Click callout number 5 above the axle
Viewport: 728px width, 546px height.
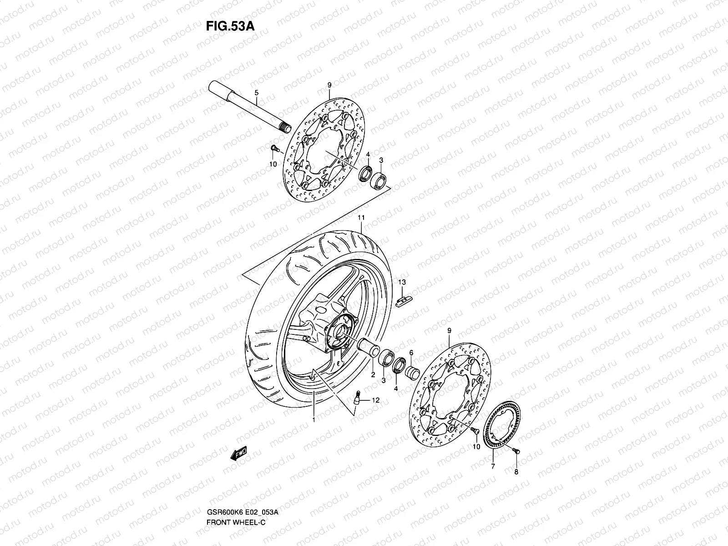[x=256, y=93]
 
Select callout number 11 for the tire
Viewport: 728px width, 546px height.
[x=361, y=218]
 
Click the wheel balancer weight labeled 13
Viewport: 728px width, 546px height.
[x=402, y=301]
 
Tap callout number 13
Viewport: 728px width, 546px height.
[x=402, y=283]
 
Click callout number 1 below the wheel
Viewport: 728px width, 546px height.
[x=313, y=420]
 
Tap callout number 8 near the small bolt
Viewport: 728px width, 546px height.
[x=516, y=472]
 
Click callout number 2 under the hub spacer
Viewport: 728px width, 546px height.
[x=372, y=375]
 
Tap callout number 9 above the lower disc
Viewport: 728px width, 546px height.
[x=449, y=331]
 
